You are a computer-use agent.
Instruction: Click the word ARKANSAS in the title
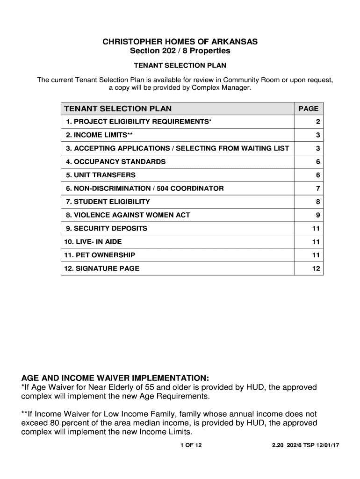233,42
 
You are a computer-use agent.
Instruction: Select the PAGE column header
308,109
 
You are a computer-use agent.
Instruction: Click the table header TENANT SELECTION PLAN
118,109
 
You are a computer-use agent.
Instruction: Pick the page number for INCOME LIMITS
317,135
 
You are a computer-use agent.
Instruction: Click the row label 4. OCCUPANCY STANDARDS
115,162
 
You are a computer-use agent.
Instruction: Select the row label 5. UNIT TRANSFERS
101,175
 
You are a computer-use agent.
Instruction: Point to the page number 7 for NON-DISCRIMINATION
317,189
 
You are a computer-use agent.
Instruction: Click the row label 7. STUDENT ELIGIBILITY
108,202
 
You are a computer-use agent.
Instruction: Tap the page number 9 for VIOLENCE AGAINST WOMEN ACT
317,215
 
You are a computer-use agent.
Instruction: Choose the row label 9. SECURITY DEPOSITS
107,228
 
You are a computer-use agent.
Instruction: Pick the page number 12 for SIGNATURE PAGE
316,269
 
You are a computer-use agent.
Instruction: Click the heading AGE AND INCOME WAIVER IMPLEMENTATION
115,377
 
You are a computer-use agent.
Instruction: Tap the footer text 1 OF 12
191,445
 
